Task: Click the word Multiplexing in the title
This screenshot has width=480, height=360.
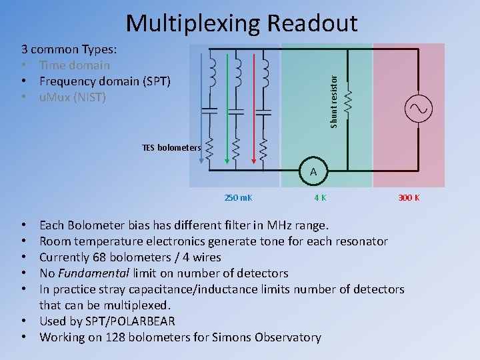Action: (x=193, y=23)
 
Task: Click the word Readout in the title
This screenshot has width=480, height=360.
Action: (x=312, y=23)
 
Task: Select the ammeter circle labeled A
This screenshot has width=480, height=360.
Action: (x=313, y=173)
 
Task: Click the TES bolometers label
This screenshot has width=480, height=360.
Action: (x=171, y=147)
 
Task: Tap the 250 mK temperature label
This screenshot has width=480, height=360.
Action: (x=239, y=198)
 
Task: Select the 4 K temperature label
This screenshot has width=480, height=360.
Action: (x=321, y=198)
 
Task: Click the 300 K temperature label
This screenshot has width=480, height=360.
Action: (x=409, y=198)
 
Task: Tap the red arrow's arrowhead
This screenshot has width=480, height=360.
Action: (x=253, y=160)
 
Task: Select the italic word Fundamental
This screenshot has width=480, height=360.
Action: (x=94, y=273)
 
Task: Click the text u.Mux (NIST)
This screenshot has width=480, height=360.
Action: (x=72, y=97)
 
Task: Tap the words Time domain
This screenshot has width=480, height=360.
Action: (x=74, y=65)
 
